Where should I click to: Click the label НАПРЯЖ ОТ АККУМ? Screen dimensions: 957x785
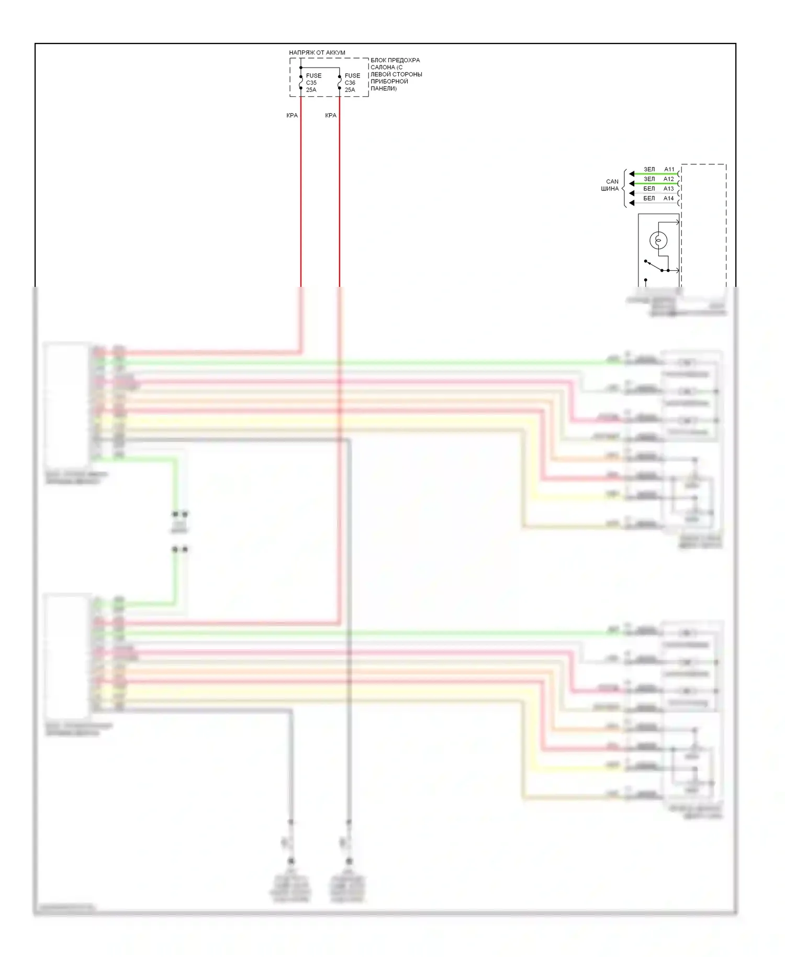tap(317, 52)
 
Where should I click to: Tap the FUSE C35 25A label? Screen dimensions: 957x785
tap(313, 83)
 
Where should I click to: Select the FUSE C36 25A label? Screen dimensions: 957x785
tap(352, 83)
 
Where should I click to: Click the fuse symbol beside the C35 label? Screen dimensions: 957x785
tap(301, 82)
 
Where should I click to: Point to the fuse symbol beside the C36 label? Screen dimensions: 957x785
tap(340, 82)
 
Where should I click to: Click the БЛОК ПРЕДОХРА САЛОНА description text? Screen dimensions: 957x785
tap(396, 74)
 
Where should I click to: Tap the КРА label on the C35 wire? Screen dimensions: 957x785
tap(292, 115)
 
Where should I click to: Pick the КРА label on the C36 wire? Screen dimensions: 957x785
tap(331, 115)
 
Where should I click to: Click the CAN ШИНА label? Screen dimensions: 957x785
tap(610, 185)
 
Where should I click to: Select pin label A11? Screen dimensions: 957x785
tap(669, 169)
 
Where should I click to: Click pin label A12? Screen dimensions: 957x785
tap(669, 179)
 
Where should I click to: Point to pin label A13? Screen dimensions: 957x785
tap(669, 188)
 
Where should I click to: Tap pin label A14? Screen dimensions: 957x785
tap(669, 198)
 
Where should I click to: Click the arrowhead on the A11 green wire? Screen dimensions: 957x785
tap(632, 174)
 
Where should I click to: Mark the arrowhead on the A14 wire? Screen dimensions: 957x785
tap(632, 203)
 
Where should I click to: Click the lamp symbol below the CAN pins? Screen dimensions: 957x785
tap(658, 241)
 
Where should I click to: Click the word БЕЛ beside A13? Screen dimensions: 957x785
tap(649, 188)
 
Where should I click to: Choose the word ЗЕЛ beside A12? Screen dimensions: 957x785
tap(649, 179)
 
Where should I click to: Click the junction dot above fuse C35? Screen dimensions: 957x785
tap(301, 68)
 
